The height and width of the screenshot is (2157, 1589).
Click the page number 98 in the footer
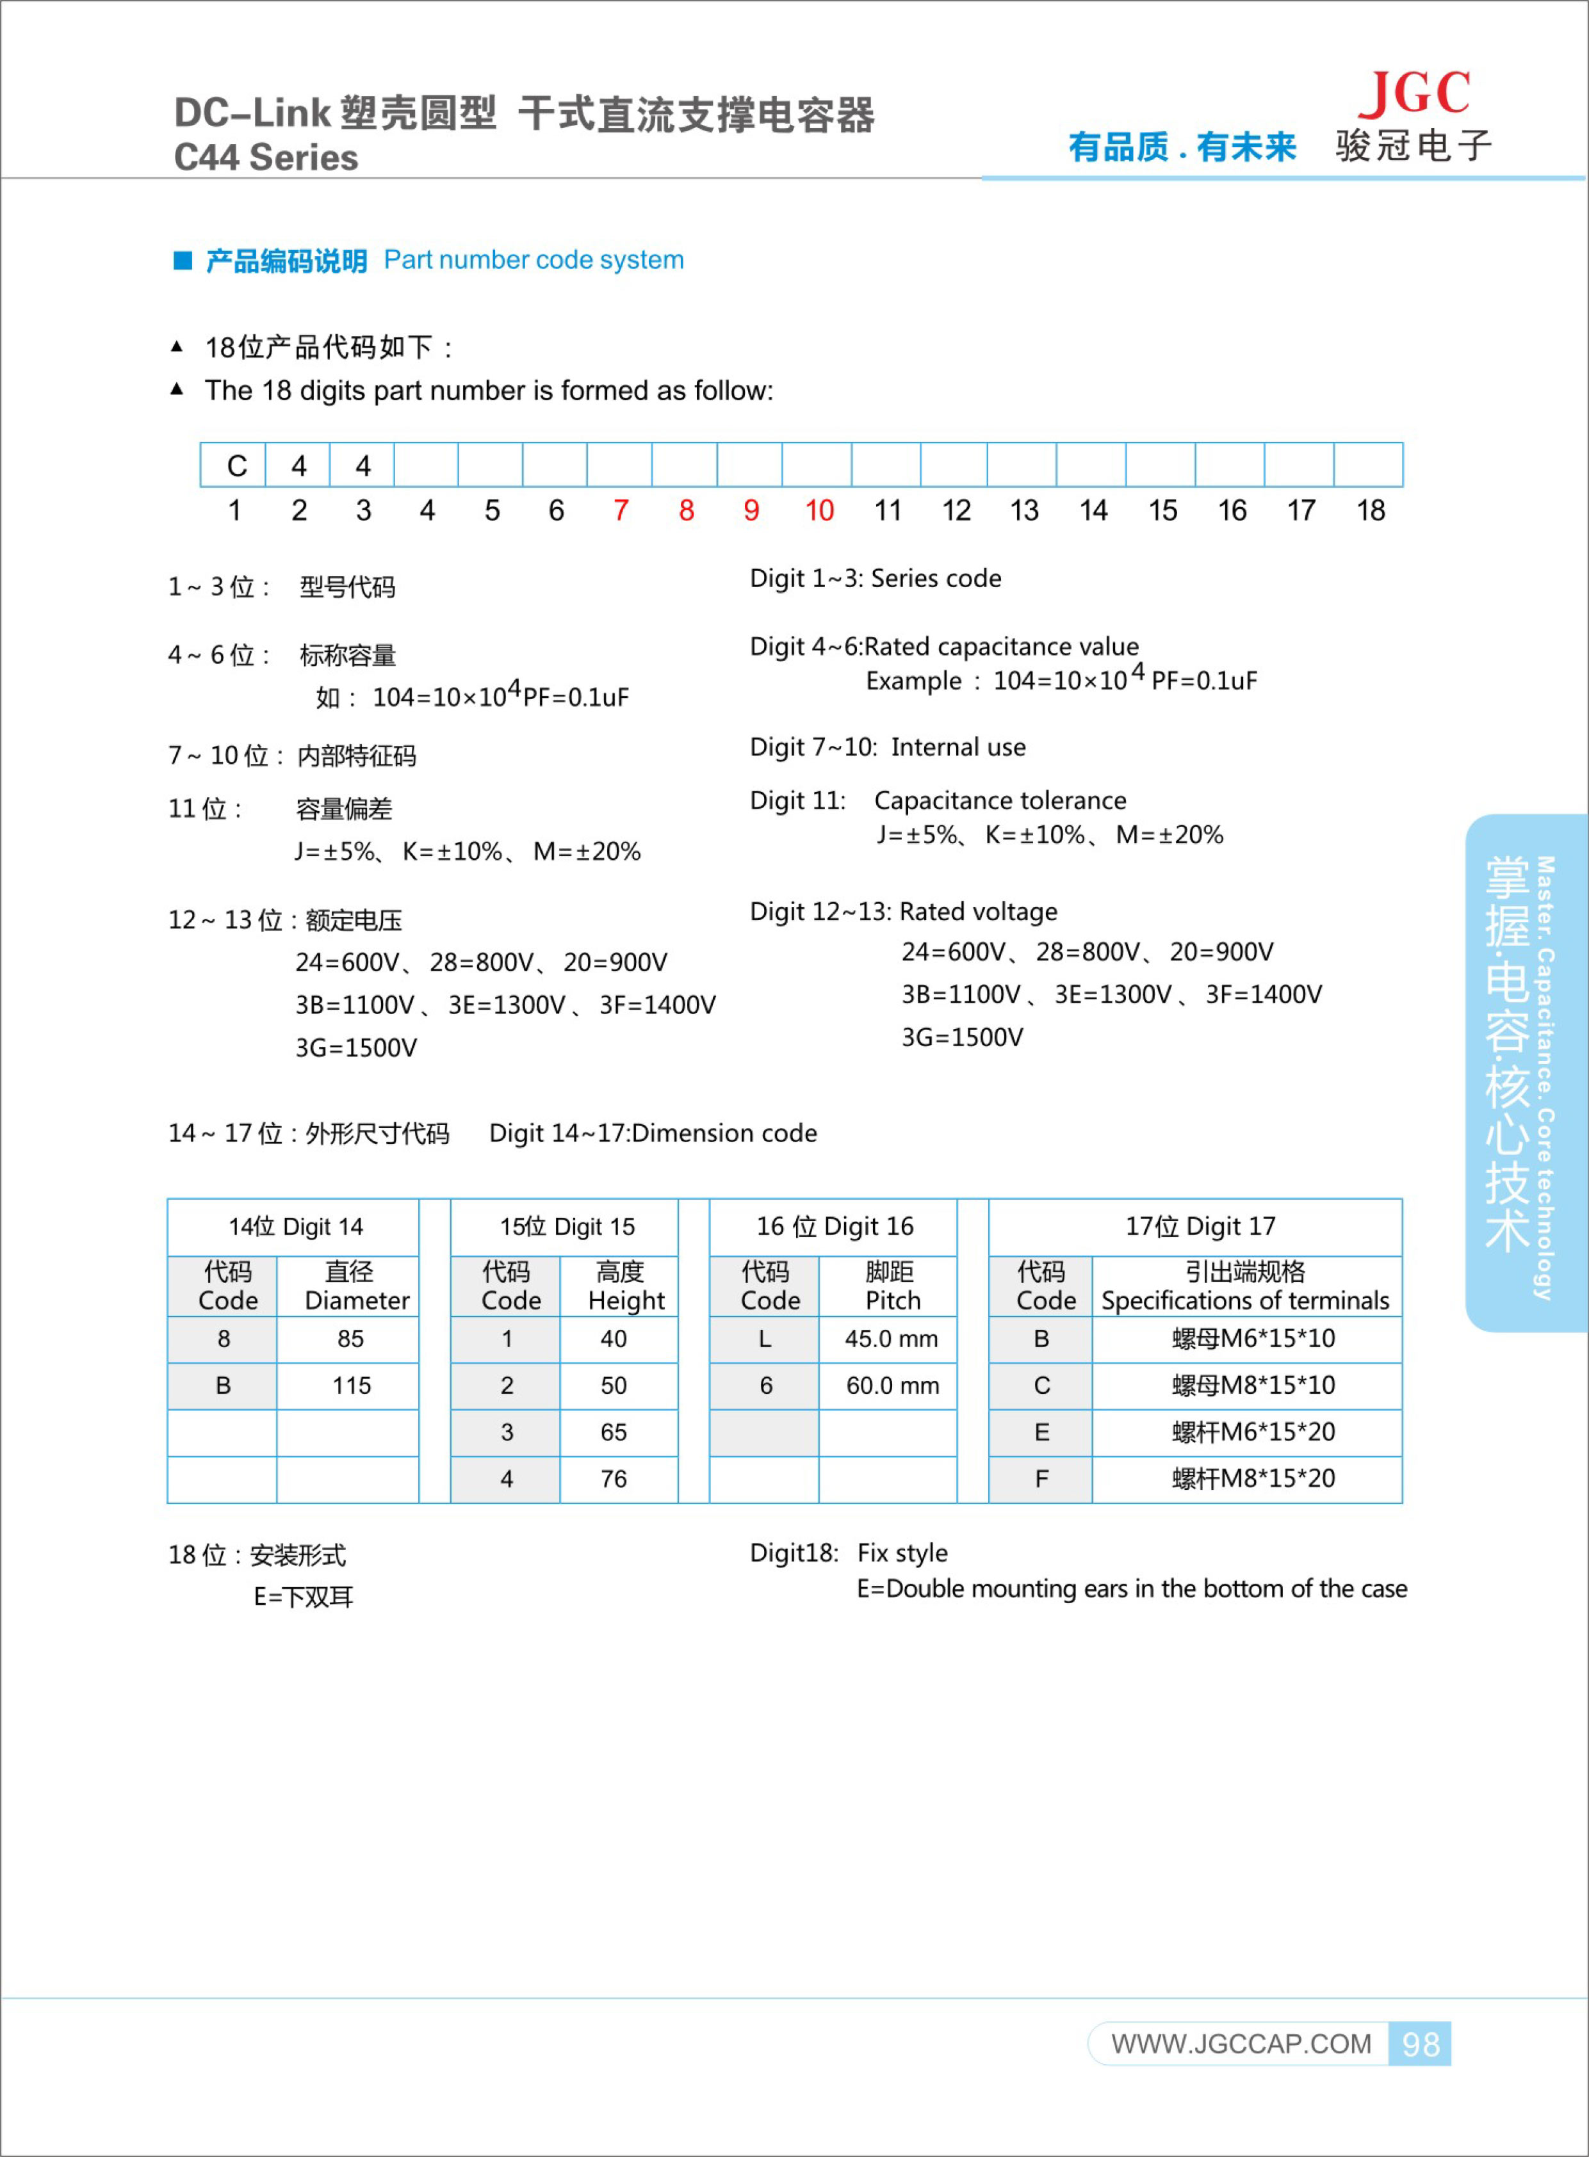pyautogui.click(x=1420, y=2044)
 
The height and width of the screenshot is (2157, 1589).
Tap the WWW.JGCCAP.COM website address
pyautogui.click(x=1241, y=2044)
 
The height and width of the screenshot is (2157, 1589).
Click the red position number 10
pyautogui.click(x=819, y=511)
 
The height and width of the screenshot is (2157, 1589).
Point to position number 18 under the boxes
pyautogui.click(x=1370, y=511)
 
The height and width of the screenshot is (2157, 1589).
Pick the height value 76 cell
pyautogui.click(x=614, y=1479)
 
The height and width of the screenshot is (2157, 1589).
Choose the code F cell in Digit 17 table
pyautogui.click(x=1041, y=1479)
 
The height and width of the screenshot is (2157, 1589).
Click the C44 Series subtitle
pyautogui.click(x=266, y=158)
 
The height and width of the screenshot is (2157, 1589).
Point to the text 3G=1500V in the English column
pyautogui.click(x=962, y=1037)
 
